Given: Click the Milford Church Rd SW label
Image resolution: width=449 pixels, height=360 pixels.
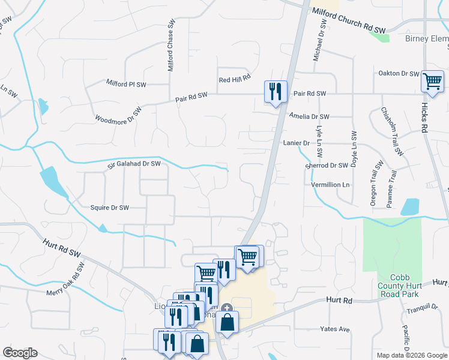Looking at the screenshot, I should click(349, 20).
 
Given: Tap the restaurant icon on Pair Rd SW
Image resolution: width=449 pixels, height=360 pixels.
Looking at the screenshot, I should click(276, 92).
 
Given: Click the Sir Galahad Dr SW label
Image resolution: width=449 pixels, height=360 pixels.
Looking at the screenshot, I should click(134, 164).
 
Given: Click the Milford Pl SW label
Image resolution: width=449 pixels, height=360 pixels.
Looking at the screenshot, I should click(126, 83).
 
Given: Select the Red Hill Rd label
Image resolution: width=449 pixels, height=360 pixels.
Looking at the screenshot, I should click(234, 79).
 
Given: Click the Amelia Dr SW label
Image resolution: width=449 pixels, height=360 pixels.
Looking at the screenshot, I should click(309, 116).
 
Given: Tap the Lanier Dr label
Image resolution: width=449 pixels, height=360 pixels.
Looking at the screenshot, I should click(296, 143).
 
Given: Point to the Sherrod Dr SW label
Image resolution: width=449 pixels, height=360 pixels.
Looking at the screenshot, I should click(327, 166).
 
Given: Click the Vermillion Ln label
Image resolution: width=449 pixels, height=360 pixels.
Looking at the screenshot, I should click(330, 185).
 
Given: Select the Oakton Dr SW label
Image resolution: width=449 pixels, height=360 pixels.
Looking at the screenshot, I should click(398, 74).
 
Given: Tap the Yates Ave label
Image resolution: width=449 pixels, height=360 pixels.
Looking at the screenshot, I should click(335, 329).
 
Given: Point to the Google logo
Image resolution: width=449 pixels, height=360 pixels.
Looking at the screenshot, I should click(20, 353).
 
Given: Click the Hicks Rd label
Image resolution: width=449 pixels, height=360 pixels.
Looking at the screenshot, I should click(424, 120).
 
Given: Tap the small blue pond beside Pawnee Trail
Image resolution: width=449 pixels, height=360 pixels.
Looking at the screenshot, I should click(409, 207).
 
